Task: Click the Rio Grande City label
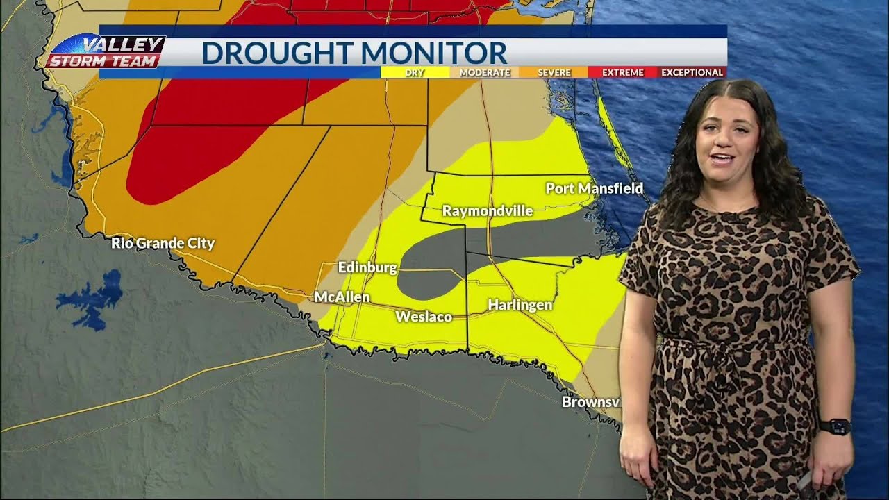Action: click(163, 243)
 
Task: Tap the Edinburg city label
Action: click(367, 267)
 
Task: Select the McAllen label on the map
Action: click(342, 297)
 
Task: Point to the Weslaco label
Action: click(424, 317)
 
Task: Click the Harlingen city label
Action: click(520, 305)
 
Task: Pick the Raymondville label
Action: click(488, 210)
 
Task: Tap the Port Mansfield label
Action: click(594, 188)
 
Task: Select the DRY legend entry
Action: click(415, 72)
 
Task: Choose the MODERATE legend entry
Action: click(484, 72)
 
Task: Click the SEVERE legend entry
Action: click(554, 72)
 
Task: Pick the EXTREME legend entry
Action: click(622, 72)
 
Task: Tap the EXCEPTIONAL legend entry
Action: click(692, 72)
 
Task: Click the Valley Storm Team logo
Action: click(106, 52)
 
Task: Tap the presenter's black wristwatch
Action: click(834, 426)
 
